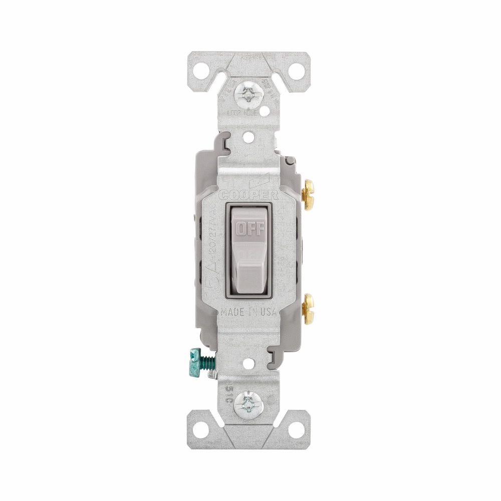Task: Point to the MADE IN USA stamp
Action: [249, 312]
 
